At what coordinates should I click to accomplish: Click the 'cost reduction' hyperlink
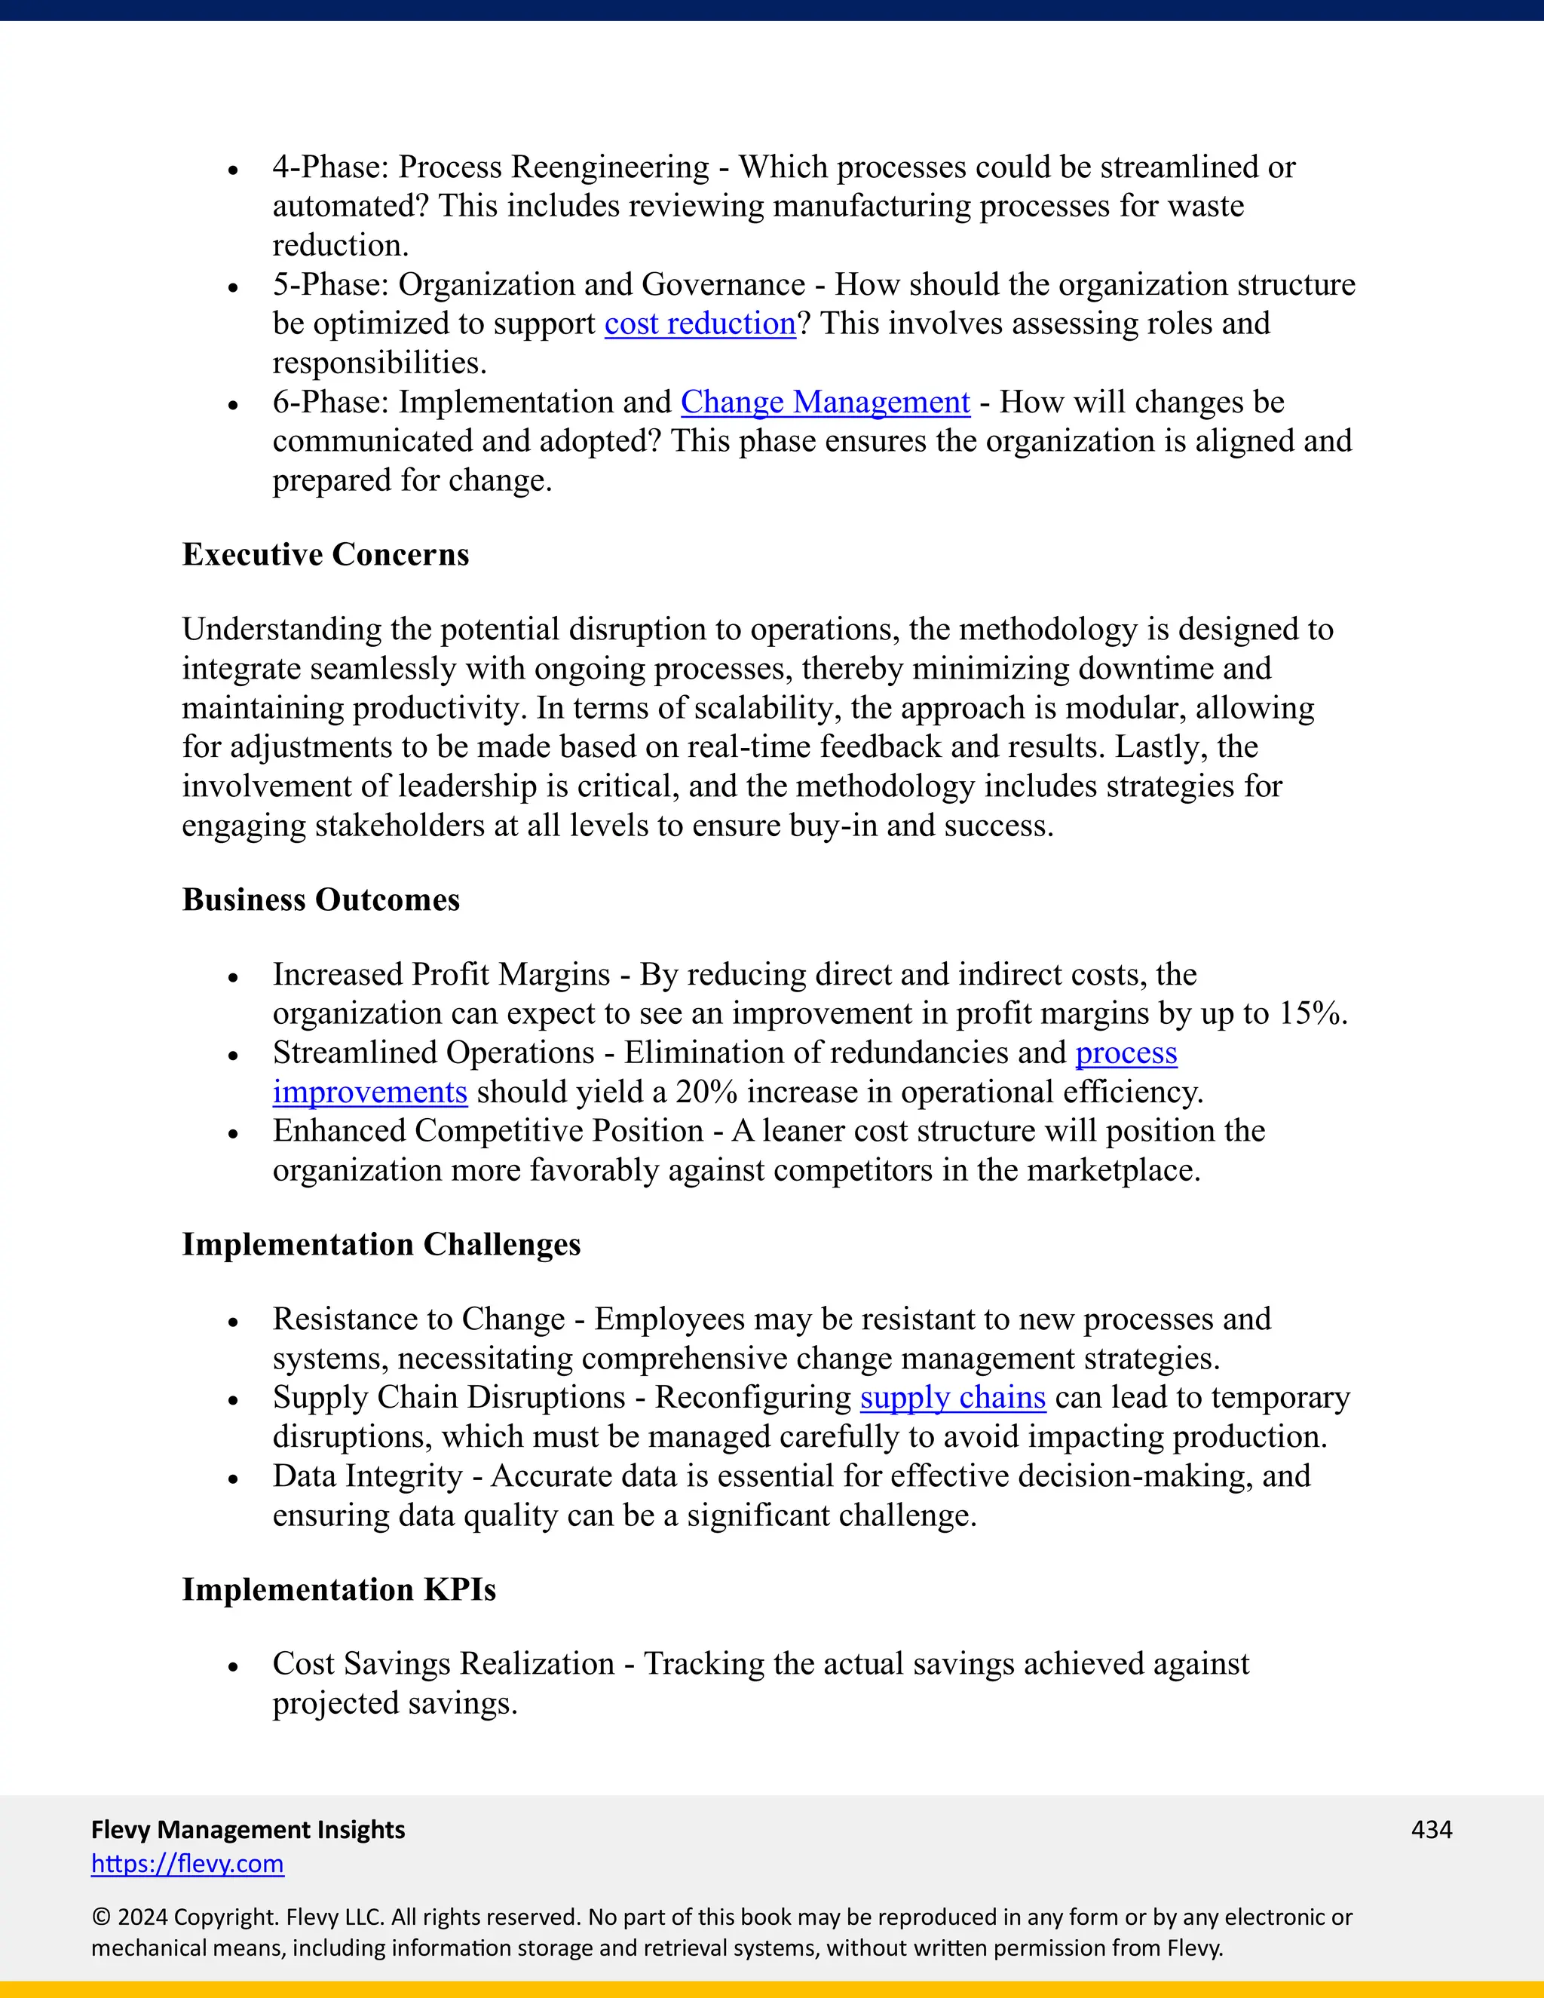click(x=700, y=324)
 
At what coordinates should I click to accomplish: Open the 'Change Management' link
click(x=824, y=403)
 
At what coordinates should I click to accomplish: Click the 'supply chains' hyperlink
click(x=952, y=1398)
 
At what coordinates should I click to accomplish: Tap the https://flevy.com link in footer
click(x=188, y=1864)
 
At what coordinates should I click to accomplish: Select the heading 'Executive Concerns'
click(x=325, y=554)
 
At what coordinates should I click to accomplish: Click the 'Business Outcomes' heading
click(x=320, y=899)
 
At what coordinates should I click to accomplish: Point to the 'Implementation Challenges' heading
click(x=381, y=1244)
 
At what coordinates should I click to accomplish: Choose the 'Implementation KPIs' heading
click(x=339, y=1589)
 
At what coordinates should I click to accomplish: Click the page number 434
click(x=1432, y=1829)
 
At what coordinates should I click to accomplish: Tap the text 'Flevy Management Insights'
click(x=248, y=1829)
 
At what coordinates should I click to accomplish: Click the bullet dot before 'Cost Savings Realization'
click(x=233, y=1667)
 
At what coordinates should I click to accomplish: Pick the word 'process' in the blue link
click(x=1126, y=1053)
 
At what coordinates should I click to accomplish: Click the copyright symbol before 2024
click(x=100, y=1917)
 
